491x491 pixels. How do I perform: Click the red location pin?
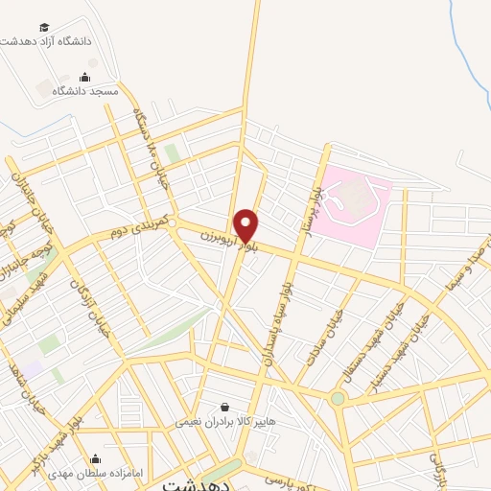click(246, 225)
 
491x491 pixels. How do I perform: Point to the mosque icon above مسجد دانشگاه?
click(85, 77)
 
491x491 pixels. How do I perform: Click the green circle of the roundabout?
click(338, 398)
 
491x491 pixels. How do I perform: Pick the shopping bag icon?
click(224, 407)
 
